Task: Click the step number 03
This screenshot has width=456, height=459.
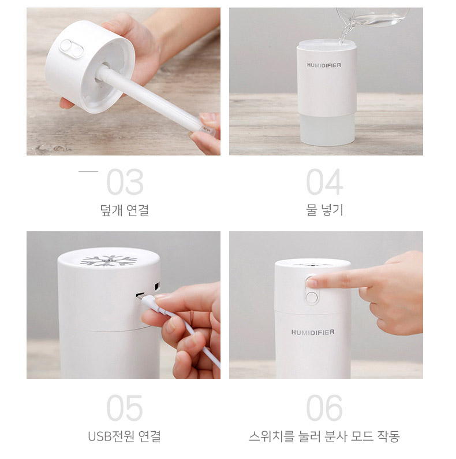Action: click(x=125, y=182)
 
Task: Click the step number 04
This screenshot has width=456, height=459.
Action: click(x=324, y=182)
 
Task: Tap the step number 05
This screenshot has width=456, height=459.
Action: click(x=125, y=408)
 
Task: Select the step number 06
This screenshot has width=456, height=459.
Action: click(x=324, y=408)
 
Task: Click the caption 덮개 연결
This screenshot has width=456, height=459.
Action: click(x=125, y=210)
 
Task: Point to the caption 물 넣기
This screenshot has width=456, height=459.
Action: click(x=324, y=210)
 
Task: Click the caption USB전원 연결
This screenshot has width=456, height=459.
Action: click(x=125, y=436)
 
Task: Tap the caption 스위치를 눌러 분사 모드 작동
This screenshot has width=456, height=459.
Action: click(x=324, y=436)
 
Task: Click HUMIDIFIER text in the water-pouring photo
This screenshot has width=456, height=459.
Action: click(x=324, y=65)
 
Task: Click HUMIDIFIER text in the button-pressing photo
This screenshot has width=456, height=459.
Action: click(x=313, y=332)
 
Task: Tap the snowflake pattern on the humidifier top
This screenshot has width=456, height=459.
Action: click(x=109, y=261)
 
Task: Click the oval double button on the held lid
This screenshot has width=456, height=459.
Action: click(x=72, y=49)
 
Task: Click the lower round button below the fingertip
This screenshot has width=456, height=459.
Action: click(x=312, y=298)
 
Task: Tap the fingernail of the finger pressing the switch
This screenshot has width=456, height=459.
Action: click(x=311, y=283)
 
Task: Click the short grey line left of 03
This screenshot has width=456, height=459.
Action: click(x=88, y=172)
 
